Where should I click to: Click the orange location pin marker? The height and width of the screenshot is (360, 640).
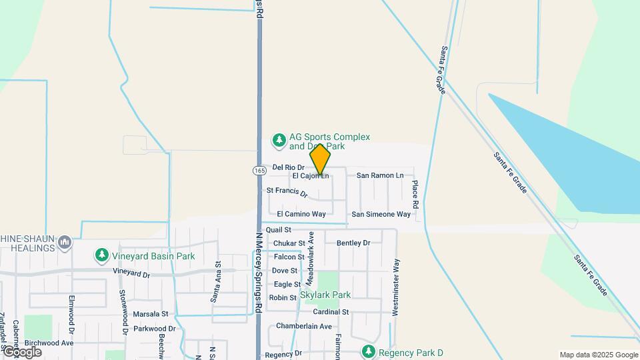(x=320, y=160)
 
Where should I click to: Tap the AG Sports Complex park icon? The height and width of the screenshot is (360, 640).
(x=279, y=141)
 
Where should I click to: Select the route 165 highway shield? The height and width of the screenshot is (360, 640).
(x=259, y=171)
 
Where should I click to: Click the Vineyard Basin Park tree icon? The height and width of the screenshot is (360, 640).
(x=101, y=255)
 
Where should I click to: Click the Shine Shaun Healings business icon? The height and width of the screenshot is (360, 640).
(x=65, y=242)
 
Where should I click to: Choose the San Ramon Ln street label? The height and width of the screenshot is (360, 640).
(x=380, y=175)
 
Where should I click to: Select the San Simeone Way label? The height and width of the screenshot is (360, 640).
(x=381, y=214)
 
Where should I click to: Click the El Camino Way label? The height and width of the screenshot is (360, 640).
(x=301, y=214)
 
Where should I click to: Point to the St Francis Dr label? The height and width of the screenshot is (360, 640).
(x=287, y=192)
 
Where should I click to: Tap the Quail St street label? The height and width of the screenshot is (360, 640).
(x=279, y=229)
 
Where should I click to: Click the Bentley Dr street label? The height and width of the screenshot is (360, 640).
(x=353, y=243)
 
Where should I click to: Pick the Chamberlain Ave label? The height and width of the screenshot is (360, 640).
(x=304, y=326)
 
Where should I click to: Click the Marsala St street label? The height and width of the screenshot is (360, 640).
(x=150, y=313)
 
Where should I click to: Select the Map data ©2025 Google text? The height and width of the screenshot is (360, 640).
(x=599, y=355)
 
